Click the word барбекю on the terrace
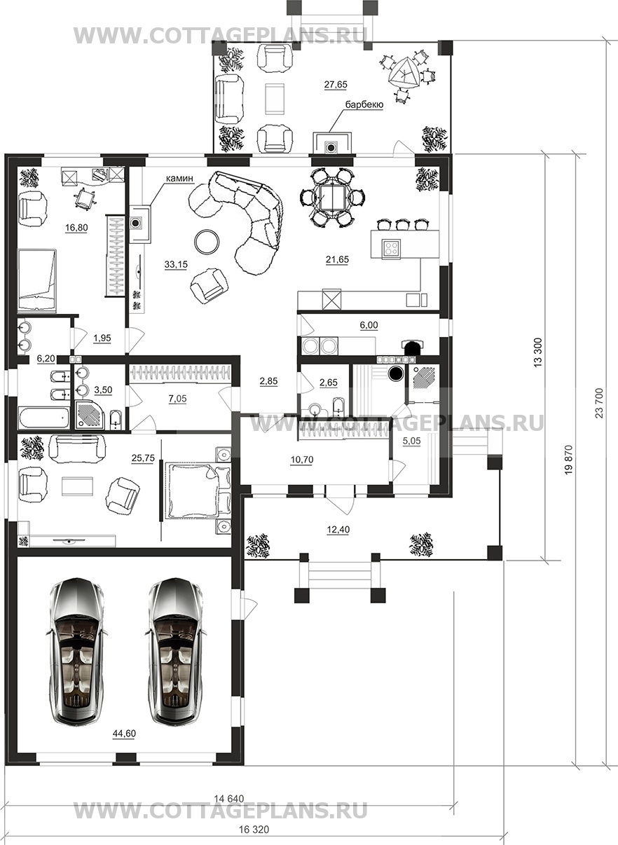tap(364, 105)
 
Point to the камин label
tap(179, 177)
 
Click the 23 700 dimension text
tap(599, 403)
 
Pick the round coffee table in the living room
tap(207, 242)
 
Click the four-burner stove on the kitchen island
tap(391, 249)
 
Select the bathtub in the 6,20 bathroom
tap(43, 417)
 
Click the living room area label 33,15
tap(176, 265)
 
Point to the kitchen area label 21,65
tap(337, 259)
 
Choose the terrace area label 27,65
tap(336, 85)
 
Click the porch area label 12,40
tap(338, 529)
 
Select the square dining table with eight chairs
tap(332, 198)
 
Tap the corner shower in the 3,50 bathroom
tap(90, 414)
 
